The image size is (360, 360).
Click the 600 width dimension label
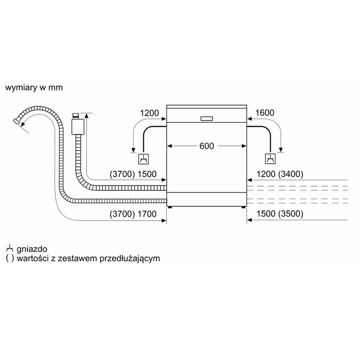(207, 146)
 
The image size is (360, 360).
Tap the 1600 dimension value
(265, 113)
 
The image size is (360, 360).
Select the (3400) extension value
(291, 174)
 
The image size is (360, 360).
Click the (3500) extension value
(291, 214)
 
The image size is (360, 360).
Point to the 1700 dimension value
(147, 214)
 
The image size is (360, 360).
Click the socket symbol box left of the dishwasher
(144, 159)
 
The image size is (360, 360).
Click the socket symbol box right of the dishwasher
(270, 159)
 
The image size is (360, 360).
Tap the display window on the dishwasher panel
(207, 119)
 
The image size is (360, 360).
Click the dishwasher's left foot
(170, 207)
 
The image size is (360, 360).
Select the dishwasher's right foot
(243, 207)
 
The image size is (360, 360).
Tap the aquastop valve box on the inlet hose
(78, 126)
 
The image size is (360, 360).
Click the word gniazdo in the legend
(32, 249)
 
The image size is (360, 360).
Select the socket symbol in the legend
(10, 249)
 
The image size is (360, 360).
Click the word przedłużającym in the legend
(130, 258)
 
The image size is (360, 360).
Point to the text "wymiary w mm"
(34, 88)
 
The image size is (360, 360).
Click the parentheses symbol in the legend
(10, 258)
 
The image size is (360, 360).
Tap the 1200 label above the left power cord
(150, 113)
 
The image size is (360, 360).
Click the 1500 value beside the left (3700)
(147, 174)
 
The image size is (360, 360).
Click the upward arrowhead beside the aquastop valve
(86, 116)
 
